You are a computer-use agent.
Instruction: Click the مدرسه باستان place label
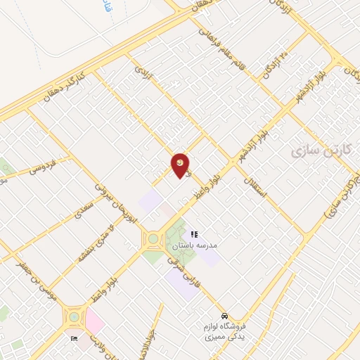pyautogui.click(x=195, y=247)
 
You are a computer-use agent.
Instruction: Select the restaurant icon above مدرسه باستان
pyautogui.click(x=194, y=233)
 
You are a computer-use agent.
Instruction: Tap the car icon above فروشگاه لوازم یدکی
pyautogui.click(x=224, y=315)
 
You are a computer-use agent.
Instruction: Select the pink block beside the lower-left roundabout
pyautogui.click(x=95, y=321)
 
